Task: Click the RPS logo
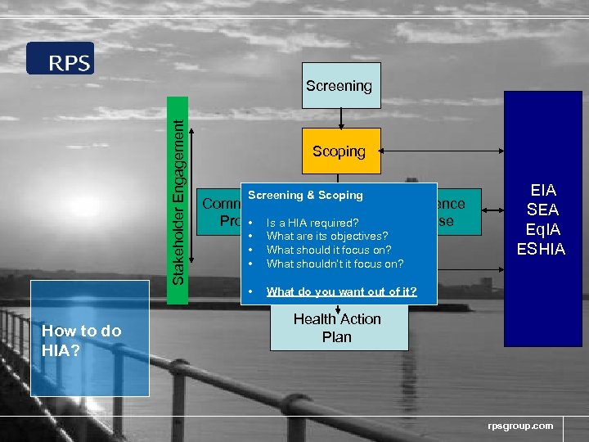[x=60, y=58]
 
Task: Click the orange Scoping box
[x=340, y=151]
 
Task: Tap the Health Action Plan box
[x=339, y=327]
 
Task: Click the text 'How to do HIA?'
[x=81, y=339]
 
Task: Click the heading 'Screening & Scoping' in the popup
[x=305, y=195]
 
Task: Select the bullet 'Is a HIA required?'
[x=312, y=223]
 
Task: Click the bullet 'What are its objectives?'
[x=326, y=236]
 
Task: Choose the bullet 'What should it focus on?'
[x=328, y=250]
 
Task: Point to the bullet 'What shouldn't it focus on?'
[x=335, y=263]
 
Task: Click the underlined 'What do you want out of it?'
[x=341, y=291]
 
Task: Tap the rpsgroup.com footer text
[x=520, y=426]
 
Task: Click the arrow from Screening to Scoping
[x=341, y=119]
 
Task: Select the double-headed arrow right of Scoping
[x=442, y=151]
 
